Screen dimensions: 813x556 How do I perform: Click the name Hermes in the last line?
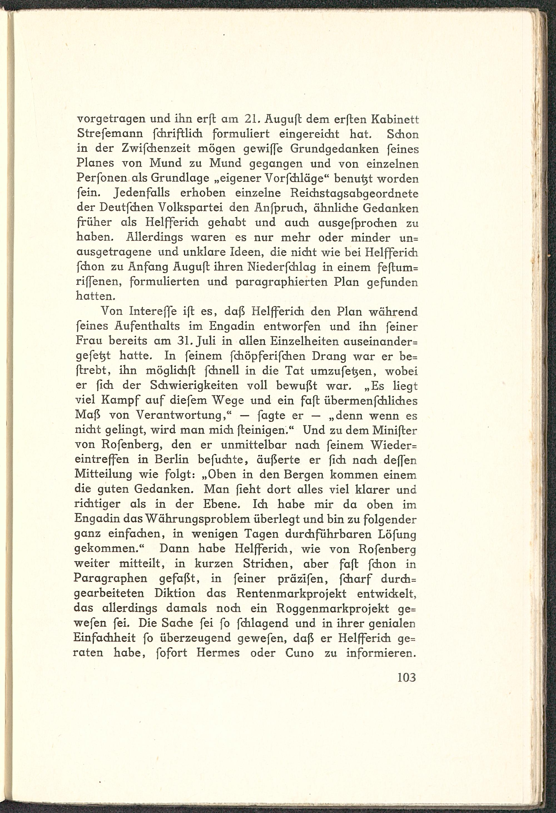(218, 653)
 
